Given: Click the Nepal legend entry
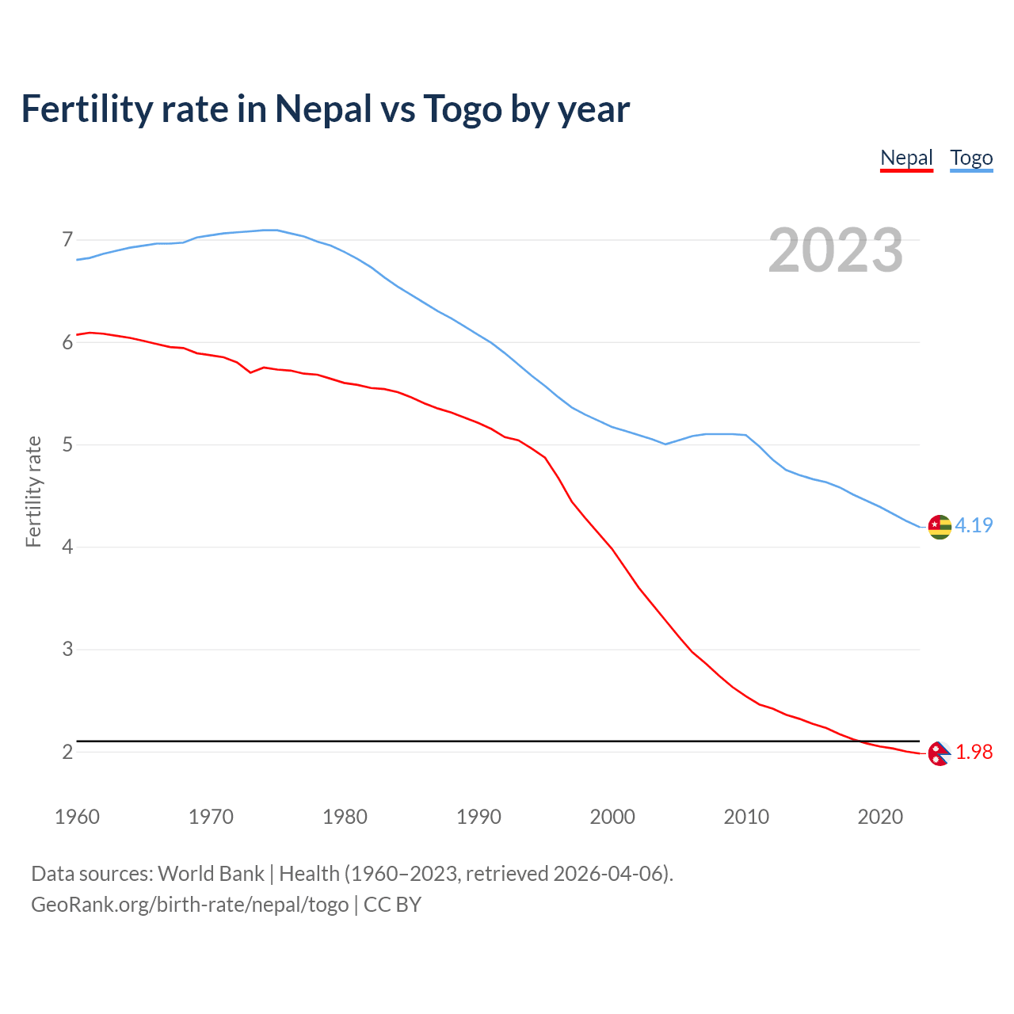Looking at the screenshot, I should point(906,158).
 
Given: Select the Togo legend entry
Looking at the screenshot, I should point(971,158).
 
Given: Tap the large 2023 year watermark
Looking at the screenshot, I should point(836,250).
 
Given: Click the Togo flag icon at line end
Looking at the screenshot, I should point(940,526).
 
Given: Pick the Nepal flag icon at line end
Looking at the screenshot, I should point(939,753).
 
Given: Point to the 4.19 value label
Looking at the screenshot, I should point(974,525).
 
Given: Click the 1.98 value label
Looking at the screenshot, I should point(974,753).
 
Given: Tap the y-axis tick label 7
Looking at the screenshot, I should point(67,239).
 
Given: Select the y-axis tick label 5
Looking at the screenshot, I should point(67,444).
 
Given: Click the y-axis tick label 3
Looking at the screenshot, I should point(67,650).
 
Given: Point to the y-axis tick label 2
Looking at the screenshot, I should point(67,752).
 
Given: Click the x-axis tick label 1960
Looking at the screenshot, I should point(77,817).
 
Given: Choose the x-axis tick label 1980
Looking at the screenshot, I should point(345,817).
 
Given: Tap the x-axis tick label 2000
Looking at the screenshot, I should point(612,817).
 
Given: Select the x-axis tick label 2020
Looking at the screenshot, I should point(880,817).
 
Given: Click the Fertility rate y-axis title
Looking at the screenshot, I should point(33,491).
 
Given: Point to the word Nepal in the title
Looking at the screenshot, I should point(323,109).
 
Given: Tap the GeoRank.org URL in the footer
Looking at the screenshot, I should point(190,905).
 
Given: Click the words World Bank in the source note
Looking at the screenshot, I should point(211,874).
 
